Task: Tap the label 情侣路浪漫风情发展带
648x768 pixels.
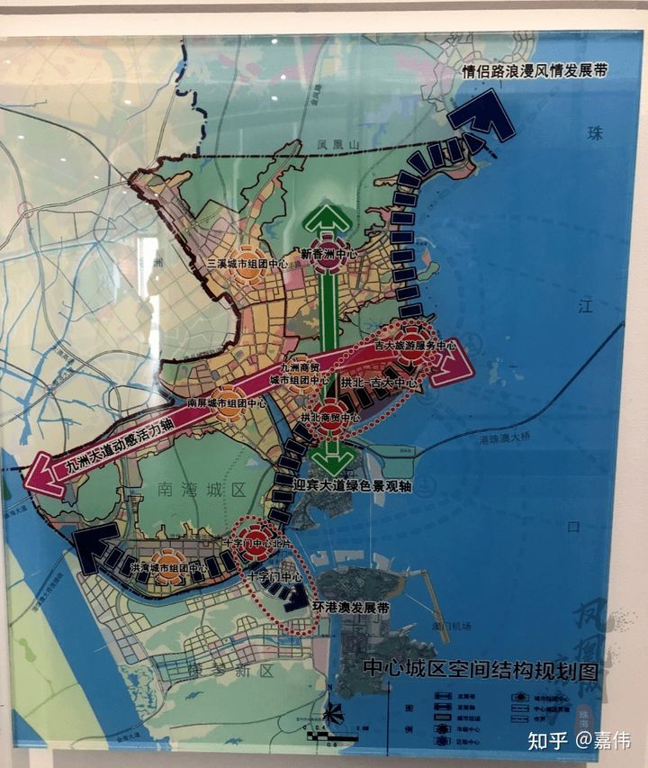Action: (533, 72)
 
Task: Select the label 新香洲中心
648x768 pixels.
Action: (328, 256)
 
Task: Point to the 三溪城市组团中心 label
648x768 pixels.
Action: (247, 264)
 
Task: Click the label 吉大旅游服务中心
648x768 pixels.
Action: (415, 346)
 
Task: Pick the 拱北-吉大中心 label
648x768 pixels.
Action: (380, 384)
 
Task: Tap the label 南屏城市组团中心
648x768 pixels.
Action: (226, 402)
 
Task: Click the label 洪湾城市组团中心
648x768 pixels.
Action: (168, 569)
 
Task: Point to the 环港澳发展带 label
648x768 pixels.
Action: (353, 608)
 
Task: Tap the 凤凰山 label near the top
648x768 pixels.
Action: (337, 144)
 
